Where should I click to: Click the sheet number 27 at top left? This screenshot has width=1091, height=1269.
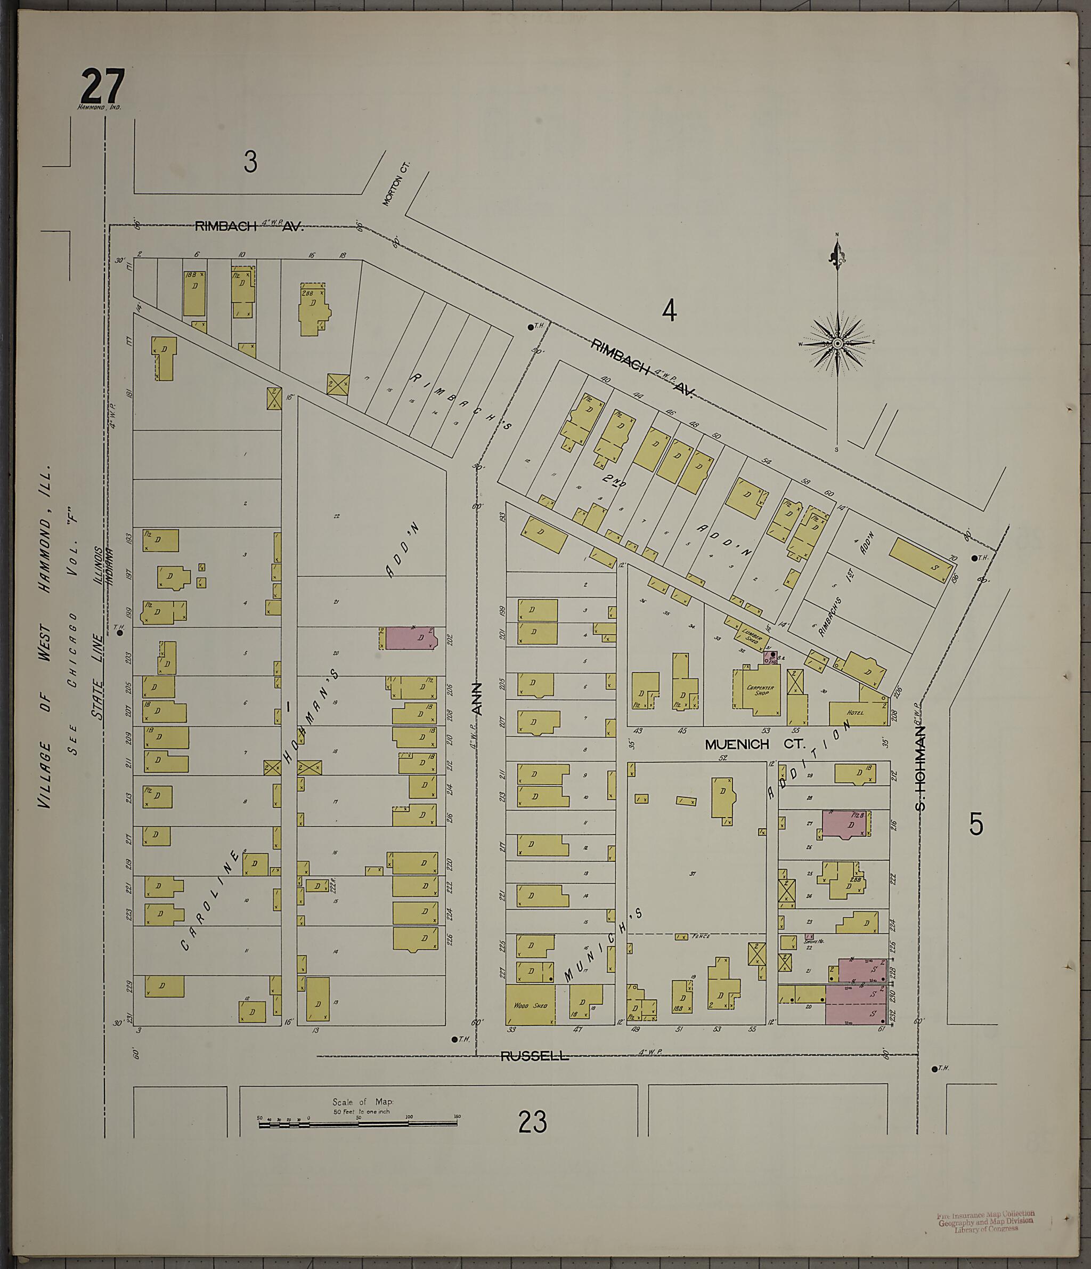102,87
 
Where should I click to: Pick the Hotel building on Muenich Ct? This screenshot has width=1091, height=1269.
856,714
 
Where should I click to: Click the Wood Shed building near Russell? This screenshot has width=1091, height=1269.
530,1005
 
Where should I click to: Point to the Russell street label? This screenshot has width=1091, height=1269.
534,1056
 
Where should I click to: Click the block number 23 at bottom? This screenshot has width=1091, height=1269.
532,1122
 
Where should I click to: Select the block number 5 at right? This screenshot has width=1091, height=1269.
976,825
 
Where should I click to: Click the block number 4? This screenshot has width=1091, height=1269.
669,311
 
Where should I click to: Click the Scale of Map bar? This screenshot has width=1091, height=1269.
359,1125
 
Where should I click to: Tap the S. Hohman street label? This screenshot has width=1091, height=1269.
920,768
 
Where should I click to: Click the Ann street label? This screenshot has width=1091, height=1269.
477,699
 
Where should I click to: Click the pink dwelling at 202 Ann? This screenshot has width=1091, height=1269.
410,637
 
